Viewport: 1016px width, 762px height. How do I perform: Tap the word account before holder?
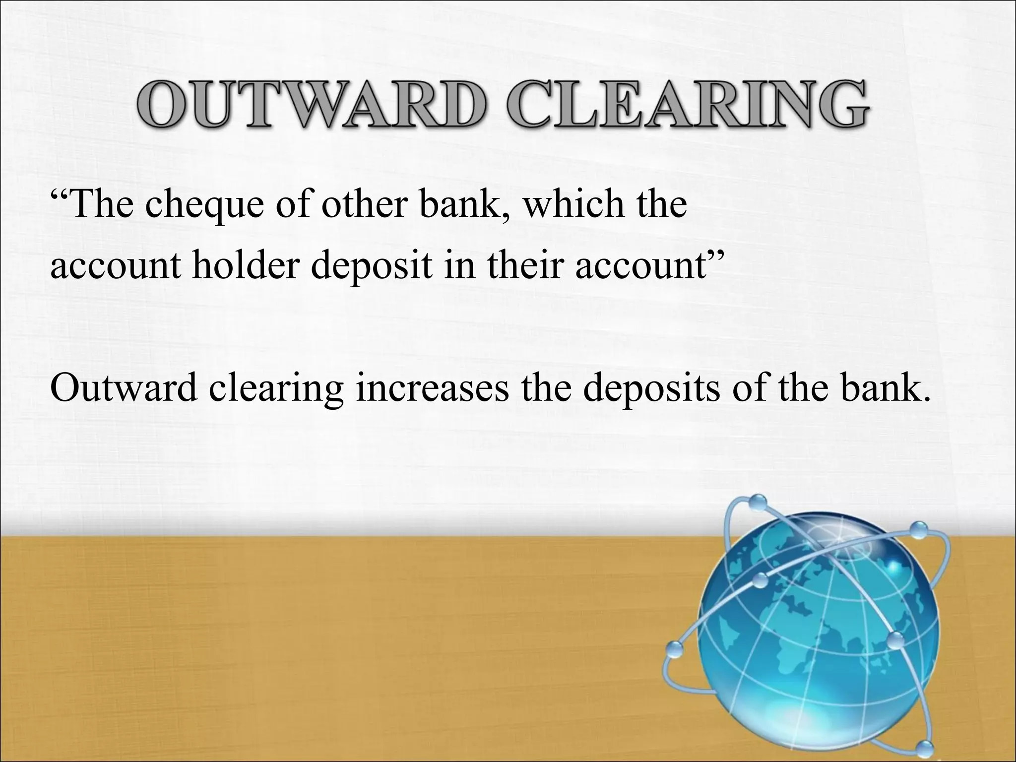117,267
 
